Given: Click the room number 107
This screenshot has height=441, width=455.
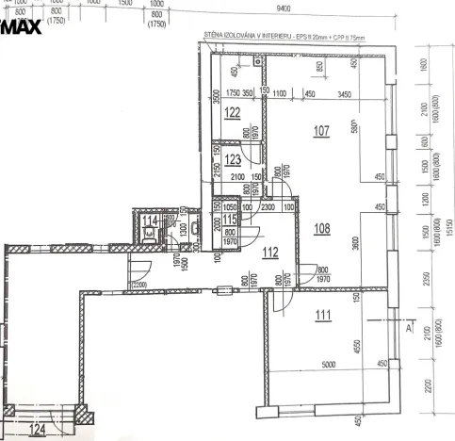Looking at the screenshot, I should pyautogui.click(x=322, y=131).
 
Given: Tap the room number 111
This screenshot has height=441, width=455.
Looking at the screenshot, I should pyautogui.click(x=323, y=315).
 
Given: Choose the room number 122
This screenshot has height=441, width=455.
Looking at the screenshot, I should pyautogui.click(x=234, y=112).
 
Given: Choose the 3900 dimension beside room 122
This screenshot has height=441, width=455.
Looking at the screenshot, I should pyautogui.click(x=217, y=100).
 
